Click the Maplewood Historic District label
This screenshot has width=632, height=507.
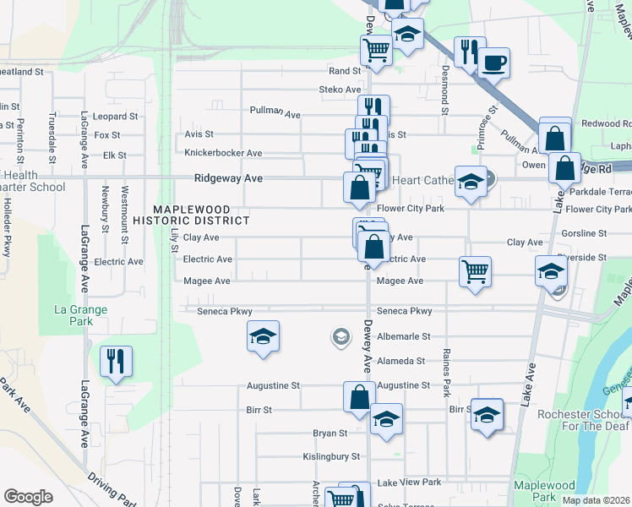click(201, 215)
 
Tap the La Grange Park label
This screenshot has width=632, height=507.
click(81, 315)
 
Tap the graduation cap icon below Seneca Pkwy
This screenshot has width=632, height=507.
click(264, 336)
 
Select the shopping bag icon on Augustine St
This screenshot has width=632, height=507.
click(359, 396)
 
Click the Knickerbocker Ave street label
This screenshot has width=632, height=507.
click(223, 153)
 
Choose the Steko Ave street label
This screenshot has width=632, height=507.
click(340, 90)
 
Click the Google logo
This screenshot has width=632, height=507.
click(28, 496)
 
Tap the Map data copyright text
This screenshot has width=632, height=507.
click(596, 500)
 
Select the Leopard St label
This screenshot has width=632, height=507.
click(115, 116)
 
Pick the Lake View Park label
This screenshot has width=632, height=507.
click(410, 482)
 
